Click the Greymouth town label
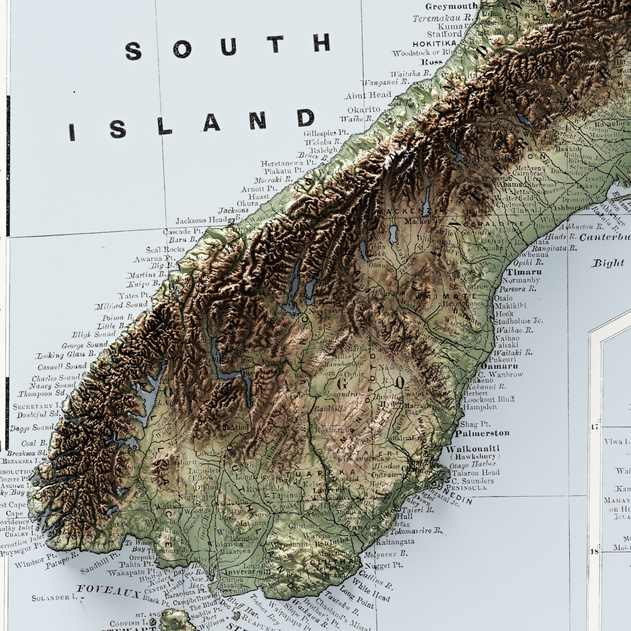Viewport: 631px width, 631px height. (451, 6)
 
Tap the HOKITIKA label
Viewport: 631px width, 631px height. (434, 44)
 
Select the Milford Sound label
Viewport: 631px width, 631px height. (121, 305)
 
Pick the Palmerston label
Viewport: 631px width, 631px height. (482, 433)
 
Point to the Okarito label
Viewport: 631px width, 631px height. (364, 109)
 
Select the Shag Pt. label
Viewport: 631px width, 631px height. (475, 424)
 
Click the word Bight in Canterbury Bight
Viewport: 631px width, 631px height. (608, 263)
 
